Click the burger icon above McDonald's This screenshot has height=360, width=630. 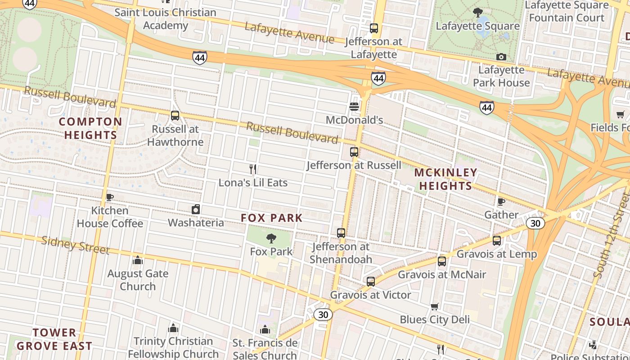[x=354, y=107]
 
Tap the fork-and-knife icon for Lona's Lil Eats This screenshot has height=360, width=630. [x=253, y=169]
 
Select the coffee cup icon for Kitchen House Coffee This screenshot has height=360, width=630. [x=109, y=197]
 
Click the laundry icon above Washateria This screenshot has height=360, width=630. [x=196, y=209]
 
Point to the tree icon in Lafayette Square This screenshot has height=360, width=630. [x=478, y=12]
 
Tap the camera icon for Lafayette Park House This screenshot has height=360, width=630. [x=501, y=57]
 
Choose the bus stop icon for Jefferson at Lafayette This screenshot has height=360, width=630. [x=373, y=28]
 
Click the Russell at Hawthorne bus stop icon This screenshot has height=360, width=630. [x=175, y=116]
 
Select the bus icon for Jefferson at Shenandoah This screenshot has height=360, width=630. [x=341, y=233]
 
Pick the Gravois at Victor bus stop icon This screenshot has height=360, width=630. [x=370, y=282]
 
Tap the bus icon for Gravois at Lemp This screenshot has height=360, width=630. [x=497, y=241]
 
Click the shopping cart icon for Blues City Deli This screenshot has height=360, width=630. [x=435, y=306]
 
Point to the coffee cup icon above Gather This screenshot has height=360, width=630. [x=501, y=201]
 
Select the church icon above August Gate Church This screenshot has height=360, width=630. [x=138, y=260]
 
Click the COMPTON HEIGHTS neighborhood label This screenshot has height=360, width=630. [x=90, y=128]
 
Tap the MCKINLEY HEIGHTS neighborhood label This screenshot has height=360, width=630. [x=445, y=179]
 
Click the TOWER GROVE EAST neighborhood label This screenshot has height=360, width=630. [x=54, y=339]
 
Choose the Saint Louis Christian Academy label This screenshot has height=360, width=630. [x=165, y=19]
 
